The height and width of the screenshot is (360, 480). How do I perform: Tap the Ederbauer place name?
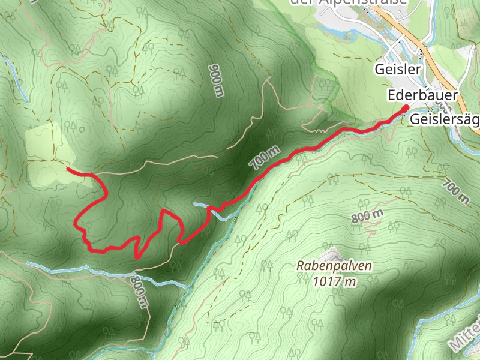point(423,95)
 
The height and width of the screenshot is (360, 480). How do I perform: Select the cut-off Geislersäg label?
point(444,119)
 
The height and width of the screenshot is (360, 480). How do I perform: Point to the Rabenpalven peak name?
point(334,265)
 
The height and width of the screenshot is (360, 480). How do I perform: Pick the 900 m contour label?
point(217,80)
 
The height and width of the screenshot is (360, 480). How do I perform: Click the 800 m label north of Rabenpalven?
point(367,218)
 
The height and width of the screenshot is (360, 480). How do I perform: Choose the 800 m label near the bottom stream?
point(138,292)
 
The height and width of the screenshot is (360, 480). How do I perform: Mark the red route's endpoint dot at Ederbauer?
point(406,107)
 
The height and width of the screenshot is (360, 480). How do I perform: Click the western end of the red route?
point(68,170)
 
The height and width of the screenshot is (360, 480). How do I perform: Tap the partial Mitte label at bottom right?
point(465,336)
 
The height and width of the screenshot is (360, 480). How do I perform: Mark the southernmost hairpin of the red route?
point(137,257)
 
